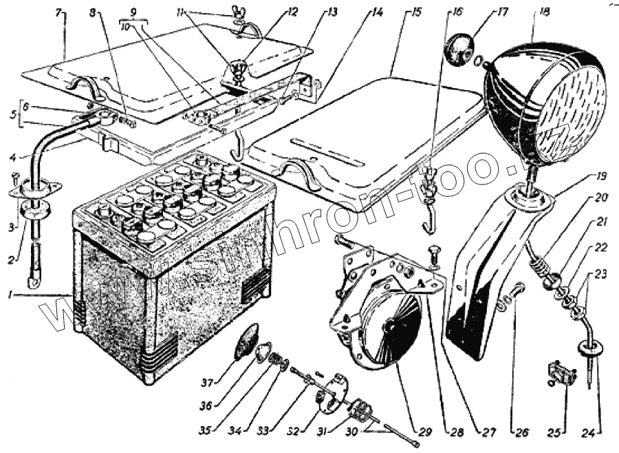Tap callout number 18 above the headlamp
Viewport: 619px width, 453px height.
click(544, 12)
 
